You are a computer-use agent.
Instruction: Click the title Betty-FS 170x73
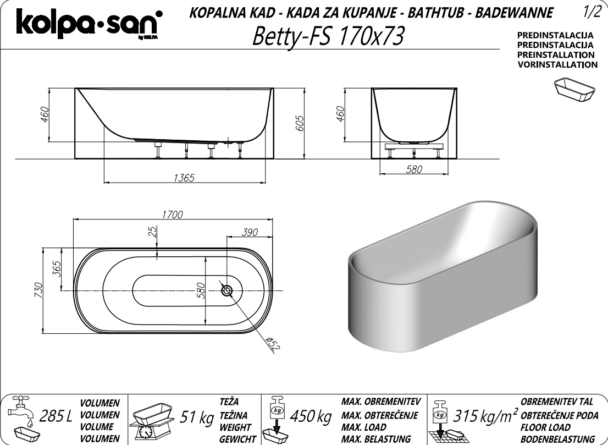point(328,36)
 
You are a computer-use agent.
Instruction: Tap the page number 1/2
point(591,13)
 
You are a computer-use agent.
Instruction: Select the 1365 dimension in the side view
point(184,178)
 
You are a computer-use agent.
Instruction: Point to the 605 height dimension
point(300,123)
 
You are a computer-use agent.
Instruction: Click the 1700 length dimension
point(172,215)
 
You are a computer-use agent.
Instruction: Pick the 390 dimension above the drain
point(250,232)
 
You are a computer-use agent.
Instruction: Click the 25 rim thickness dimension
point(153,232)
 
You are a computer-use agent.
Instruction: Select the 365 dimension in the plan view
point(57,269)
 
